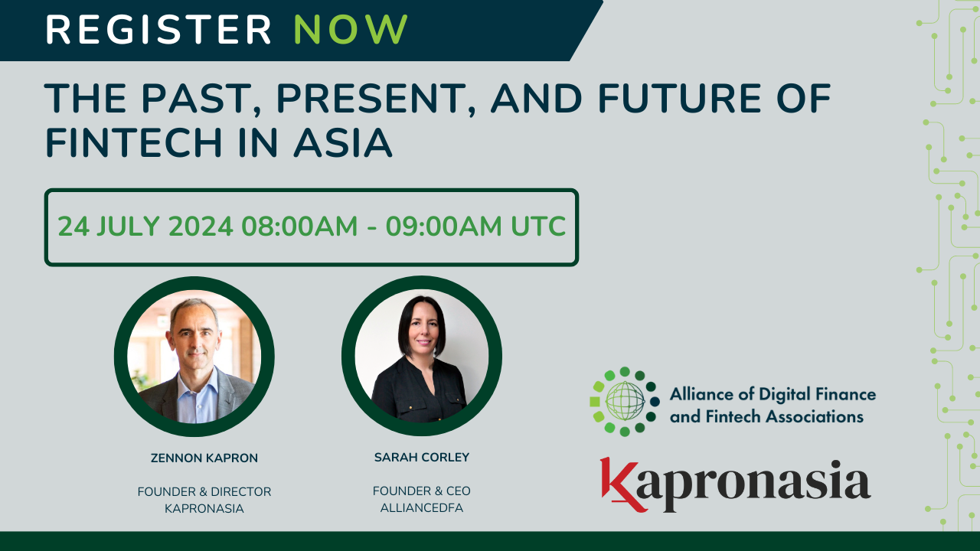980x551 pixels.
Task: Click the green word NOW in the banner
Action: point(351,30)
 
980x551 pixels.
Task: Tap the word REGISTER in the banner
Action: point(158,30)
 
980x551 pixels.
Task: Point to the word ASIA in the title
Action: point(349,142)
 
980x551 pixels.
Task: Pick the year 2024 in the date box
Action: point(200,227)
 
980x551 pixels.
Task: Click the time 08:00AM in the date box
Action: point(300,227)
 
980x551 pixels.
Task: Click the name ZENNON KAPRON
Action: point(204,458)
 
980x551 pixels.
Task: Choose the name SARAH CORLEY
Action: point(422,458)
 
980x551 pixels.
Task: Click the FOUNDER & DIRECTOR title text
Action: point(204,491)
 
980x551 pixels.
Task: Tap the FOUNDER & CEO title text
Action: point(422,491)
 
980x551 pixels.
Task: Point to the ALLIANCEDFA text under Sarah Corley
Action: point(422,507)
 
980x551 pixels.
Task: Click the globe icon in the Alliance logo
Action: point(625,401)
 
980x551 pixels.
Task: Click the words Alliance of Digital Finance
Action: point(773,395)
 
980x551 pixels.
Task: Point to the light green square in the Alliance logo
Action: point(595,402)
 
